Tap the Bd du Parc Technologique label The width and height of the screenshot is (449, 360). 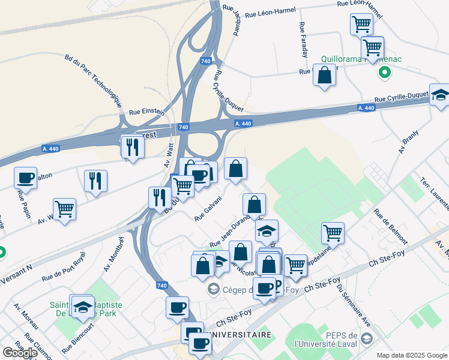pyautogui.click(x=92, y=79)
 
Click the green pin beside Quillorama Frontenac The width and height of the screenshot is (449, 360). pyautogui.click(x=385, y=73)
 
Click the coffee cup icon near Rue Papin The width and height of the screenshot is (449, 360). pyautogui.click(x=25, y=178)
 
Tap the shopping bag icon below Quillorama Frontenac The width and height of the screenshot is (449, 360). pyautogui.click(x=324, y=76)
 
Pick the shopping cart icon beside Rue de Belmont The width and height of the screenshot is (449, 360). pyautogui.click(x=333, y=232)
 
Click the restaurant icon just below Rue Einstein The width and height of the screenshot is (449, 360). pyautogui.click(x=132, y=146)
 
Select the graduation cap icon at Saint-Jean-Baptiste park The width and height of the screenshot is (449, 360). pyautogui.click(x=82, y=307)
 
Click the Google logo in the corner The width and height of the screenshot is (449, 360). pyautogui.click(x=20, y=353)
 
